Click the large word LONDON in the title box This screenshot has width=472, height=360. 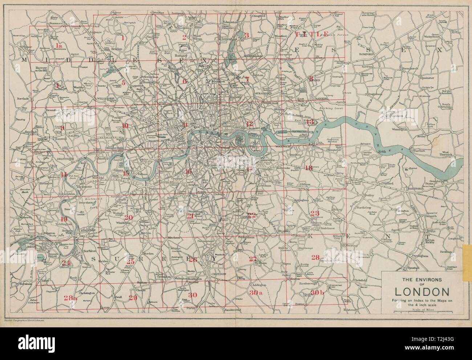(x=421, y=292)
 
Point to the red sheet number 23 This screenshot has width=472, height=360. (x=314, y=213)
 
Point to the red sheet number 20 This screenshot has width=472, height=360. (x=129, y=217)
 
